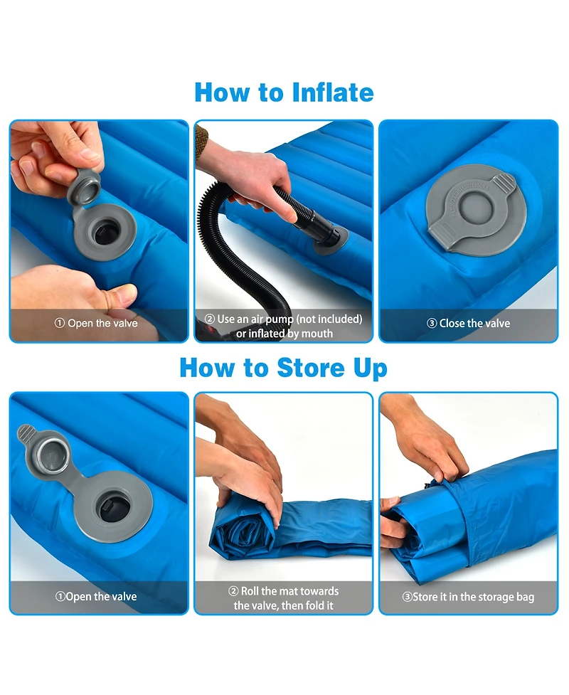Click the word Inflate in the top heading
click(331, 92)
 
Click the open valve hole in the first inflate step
click(107, 232)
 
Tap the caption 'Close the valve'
click(469, 323)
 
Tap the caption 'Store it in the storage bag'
click(468, 597)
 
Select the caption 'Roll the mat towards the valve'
click(284, 591)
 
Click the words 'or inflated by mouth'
click(284, 333)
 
